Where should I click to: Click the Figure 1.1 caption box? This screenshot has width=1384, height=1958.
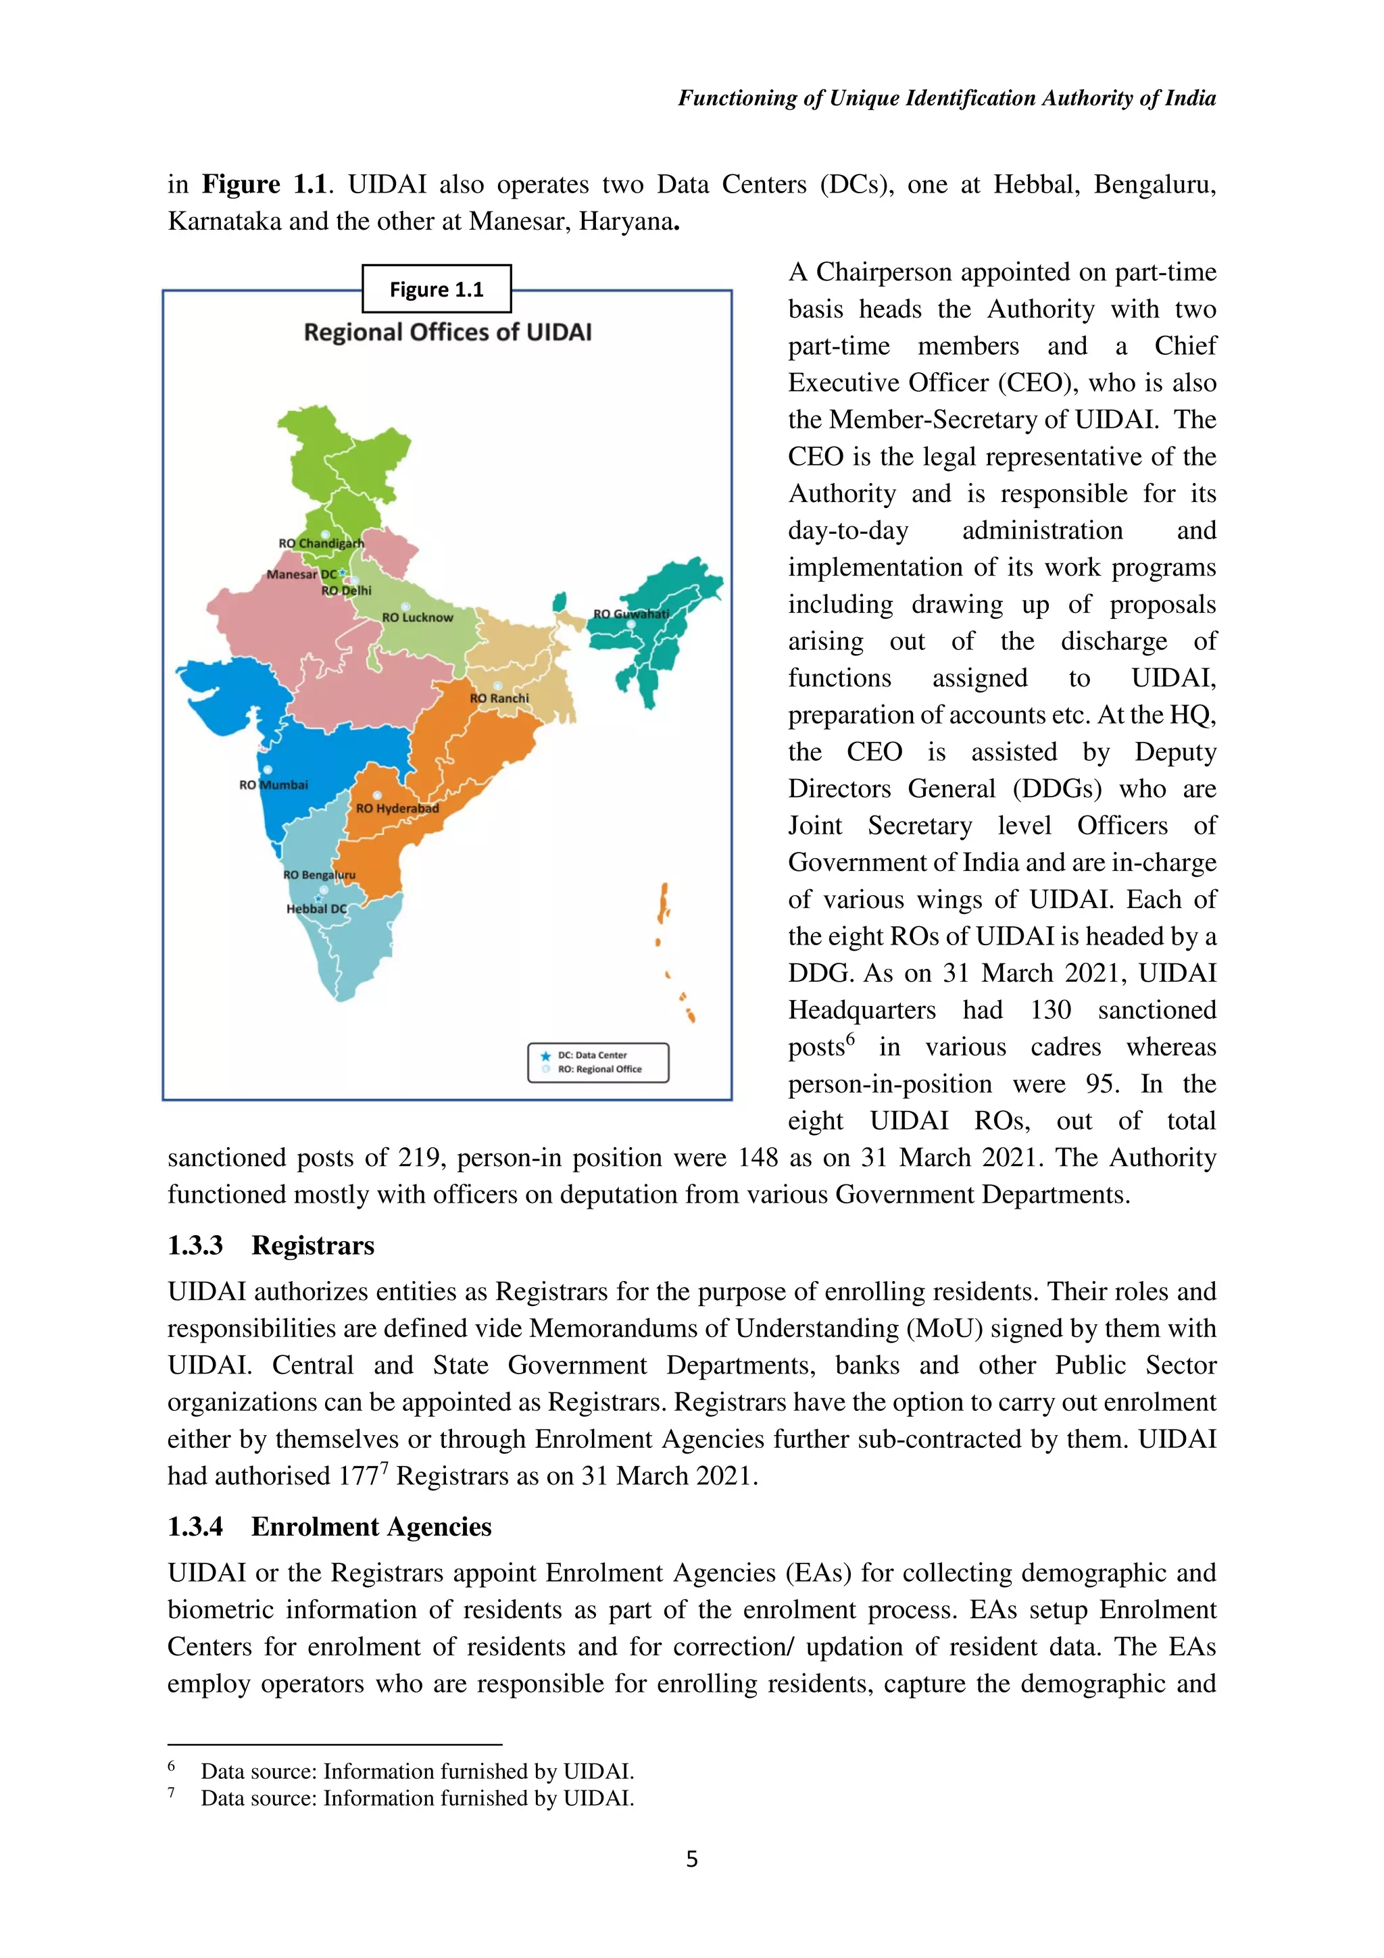coord(436,289)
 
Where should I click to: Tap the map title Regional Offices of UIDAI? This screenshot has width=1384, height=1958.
coord(447,332)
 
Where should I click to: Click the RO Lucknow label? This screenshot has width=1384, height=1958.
coord(417,617)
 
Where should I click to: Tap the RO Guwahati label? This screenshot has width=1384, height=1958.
coord(631,613)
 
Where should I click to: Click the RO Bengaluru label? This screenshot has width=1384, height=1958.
coord(319,875)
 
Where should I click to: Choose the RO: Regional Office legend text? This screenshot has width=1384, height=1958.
coord(599,1070)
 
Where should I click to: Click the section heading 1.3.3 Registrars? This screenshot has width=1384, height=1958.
coord(270,1245)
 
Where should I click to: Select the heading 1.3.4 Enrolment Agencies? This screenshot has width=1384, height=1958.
coord(328,1526)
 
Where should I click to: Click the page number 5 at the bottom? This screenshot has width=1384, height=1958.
coord(691,1859)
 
